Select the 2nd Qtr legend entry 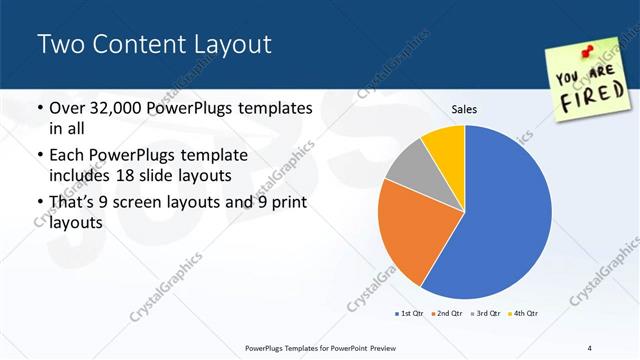(x=446, y=314)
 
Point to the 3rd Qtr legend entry (x=485, y=314)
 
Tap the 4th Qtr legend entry (x=524, y=314)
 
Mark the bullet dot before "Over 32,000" (x=39, y=108)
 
